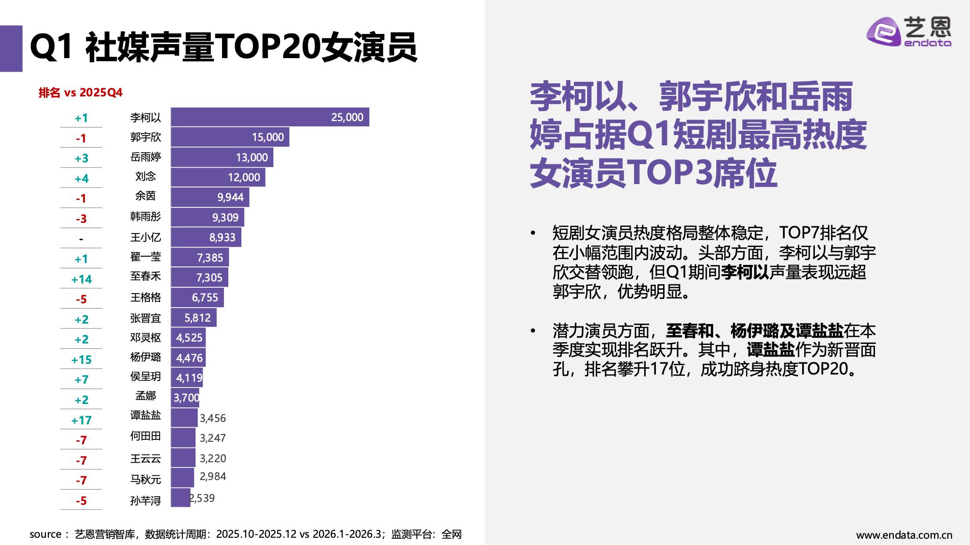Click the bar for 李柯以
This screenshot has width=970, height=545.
270,117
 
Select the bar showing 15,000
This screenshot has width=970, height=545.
230,137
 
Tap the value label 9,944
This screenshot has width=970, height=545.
230,197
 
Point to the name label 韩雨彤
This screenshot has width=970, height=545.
145,217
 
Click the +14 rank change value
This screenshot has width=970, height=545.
81,280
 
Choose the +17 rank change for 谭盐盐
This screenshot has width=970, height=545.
81,420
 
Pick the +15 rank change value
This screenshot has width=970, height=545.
81,360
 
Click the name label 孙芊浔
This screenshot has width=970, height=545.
145,500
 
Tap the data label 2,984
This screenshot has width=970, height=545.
213,477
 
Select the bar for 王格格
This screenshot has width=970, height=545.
197,297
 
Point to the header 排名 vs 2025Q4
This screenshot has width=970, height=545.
80,93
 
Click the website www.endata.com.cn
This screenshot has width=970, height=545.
904,535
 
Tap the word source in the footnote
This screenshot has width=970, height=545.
45,534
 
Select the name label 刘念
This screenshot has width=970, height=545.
145,176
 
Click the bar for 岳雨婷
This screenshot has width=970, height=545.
222,157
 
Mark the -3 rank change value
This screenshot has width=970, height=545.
81,219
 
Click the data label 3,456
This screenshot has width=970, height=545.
213,418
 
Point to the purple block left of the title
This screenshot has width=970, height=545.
11,48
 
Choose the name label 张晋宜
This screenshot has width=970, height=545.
145,318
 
